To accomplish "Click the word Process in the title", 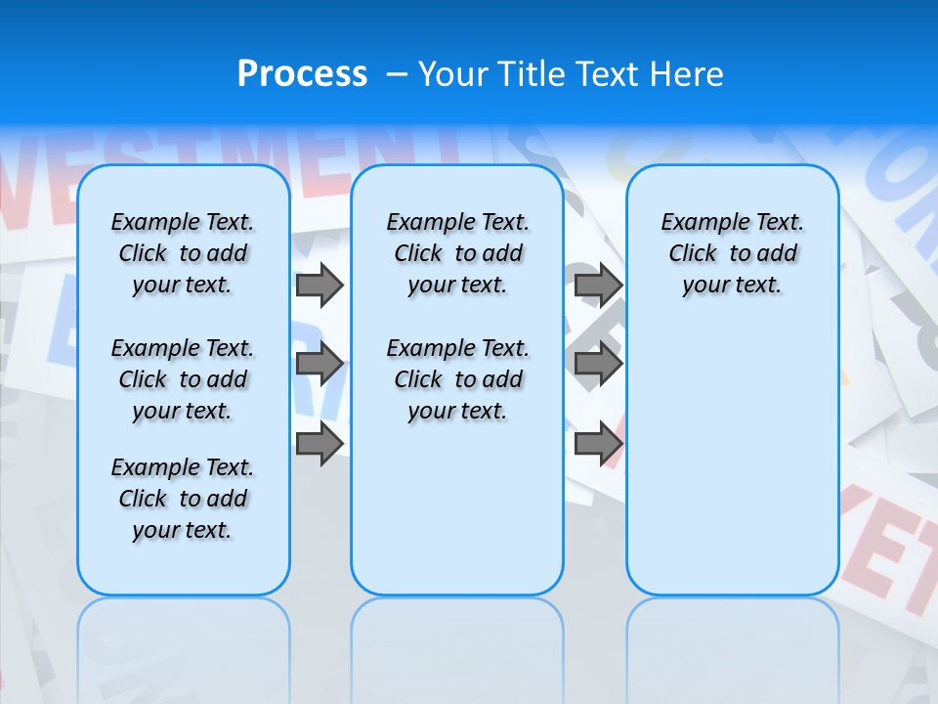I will (x=302, y=74).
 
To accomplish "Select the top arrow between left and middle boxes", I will (x=320, y=285).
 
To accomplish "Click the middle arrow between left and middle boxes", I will (x=320, y=365).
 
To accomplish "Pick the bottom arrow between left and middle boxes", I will (x=320, y=443).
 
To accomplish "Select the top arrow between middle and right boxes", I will (x=598, y=285).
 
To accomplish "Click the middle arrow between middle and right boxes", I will (x=598, y=365).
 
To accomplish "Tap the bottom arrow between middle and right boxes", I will (x=598, y=444).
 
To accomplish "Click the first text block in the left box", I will (x=183, y=253).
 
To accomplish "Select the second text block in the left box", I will (x=183, y=379).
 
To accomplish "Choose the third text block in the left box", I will (x=183, y=499).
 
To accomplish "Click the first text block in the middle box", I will (x=458, y=253).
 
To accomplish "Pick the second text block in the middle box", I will (x=458, y=379).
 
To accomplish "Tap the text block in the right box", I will (x=733, y=253).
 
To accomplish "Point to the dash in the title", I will (x=397, y=74).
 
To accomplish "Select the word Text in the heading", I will (x=603, y=74).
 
